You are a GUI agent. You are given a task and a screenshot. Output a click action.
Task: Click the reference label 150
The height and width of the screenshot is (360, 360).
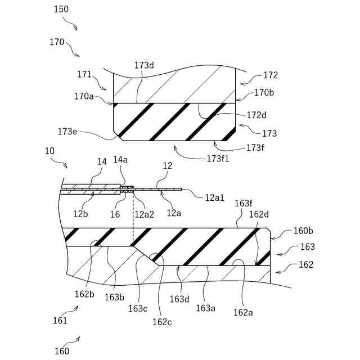click(x=62, y=10)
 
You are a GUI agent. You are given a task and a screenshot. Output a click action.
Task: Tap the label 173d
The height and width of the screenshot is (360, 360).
click(x=144, y=65)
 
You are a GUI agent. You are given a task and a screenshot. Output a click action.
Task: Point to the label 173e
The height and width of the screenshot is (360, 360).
click(x=68, y=132)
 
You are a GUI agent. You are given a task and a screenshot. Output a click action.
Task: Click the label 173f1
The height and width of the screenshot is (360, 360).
click(x=218, y=159)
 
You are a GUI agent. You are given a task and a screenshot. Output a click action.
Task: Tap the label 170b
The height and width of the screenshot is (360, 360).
click(x=264, y=92)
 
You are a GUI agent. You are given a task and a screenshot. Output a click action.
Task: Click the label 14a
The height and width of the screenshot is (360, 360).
click(x=121, y=160)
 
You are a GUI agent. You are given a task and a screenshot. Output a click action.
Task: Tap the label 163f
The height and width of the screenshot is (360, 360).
click(x=244, y=203)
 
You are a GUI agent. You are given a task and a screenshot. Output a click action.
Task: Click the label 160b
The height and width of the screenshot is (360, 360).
click(x=304, y=231)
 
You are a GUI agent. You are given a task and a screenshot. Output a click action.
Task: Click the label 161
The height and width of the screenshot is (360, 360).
click(x=60, y=321)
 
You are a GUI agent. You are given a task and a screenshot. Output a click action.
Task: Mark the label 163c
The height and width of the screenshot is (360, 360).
click(x=138, y=308)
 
